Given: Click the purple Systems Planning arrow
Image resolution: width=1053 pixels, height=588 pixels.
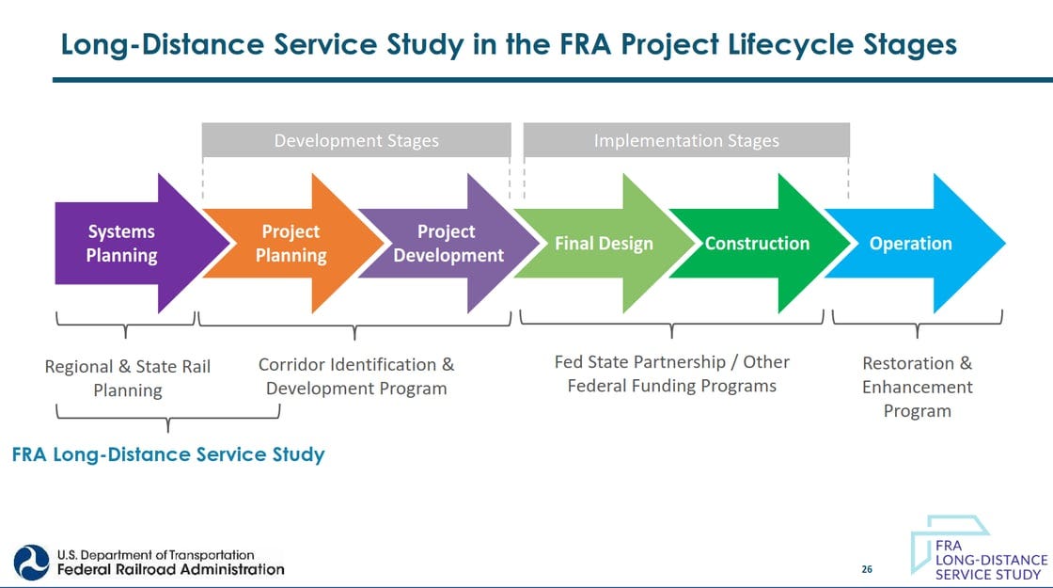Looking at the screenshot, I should click(122, 244).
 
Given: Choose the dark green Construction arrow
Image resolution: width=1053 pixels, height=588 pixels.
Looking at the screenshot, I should click(757, 244).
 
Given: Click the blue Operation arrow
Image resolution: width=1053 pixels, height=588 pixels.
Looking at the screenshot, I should click(910, 244).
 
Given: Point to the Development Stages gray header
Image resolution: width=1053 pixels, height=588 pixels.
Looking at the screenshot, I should click(356, 141).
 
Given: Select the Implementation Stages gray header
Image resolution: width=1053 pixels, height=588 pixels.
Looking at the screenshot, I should click(686, 141).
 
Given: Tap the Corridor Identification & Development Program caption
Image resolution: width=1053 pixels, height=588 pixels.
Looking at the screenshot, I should click(356, 376).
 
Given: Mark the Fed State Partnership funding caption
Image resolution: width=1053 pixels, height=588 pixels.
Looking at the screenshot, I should click(672, 373).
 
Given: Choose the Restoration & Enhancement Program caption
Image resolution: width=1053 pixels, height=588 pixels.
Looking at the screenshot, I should click(917, 387).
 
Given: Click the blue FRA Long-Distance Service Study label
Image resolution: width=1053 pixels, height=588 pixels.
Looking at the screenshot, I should click(168, 455).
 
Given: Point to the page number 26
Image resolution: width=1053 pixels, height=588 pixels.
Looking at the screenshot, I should click(867, 569).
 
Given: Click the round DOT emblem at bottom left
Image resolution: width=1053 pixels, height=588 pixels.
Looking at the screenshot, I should click(31, 562).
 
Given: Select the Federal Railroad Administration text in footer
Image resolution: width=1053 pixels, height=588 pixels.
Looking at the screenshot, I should click(171, 568).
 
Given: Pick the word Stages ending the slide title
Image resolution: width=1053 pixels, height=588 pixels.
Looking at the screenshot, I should click(904, 44).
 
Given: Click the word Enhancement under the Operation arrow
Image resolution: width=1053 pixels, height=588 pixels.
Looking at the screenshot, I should click(917, 387).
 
